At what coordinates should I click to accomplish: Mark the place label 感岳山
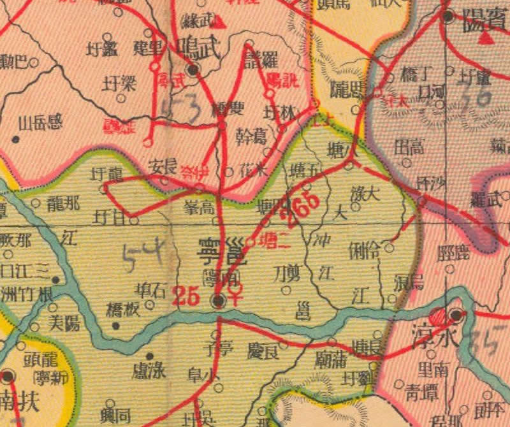coord(41,123)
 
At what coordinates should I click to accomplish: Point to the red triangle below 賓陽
coord(488,38)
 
